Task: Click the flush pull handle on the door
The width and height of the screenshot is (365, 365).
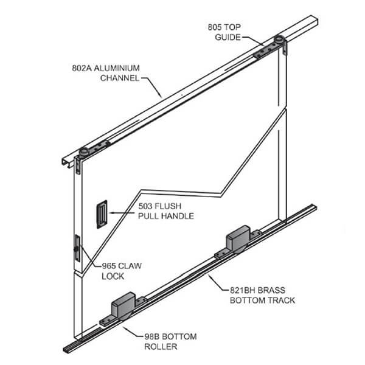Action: [x=101, y=217]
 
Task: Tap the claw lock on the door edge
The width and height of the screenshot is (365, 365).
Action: [x=76, y=249]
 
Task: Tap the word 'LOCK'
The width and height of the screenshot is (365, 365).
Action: [x=114, y=276]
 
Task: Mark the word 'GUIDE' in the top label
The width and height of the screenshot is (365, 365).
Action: [x=228, y=36]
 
